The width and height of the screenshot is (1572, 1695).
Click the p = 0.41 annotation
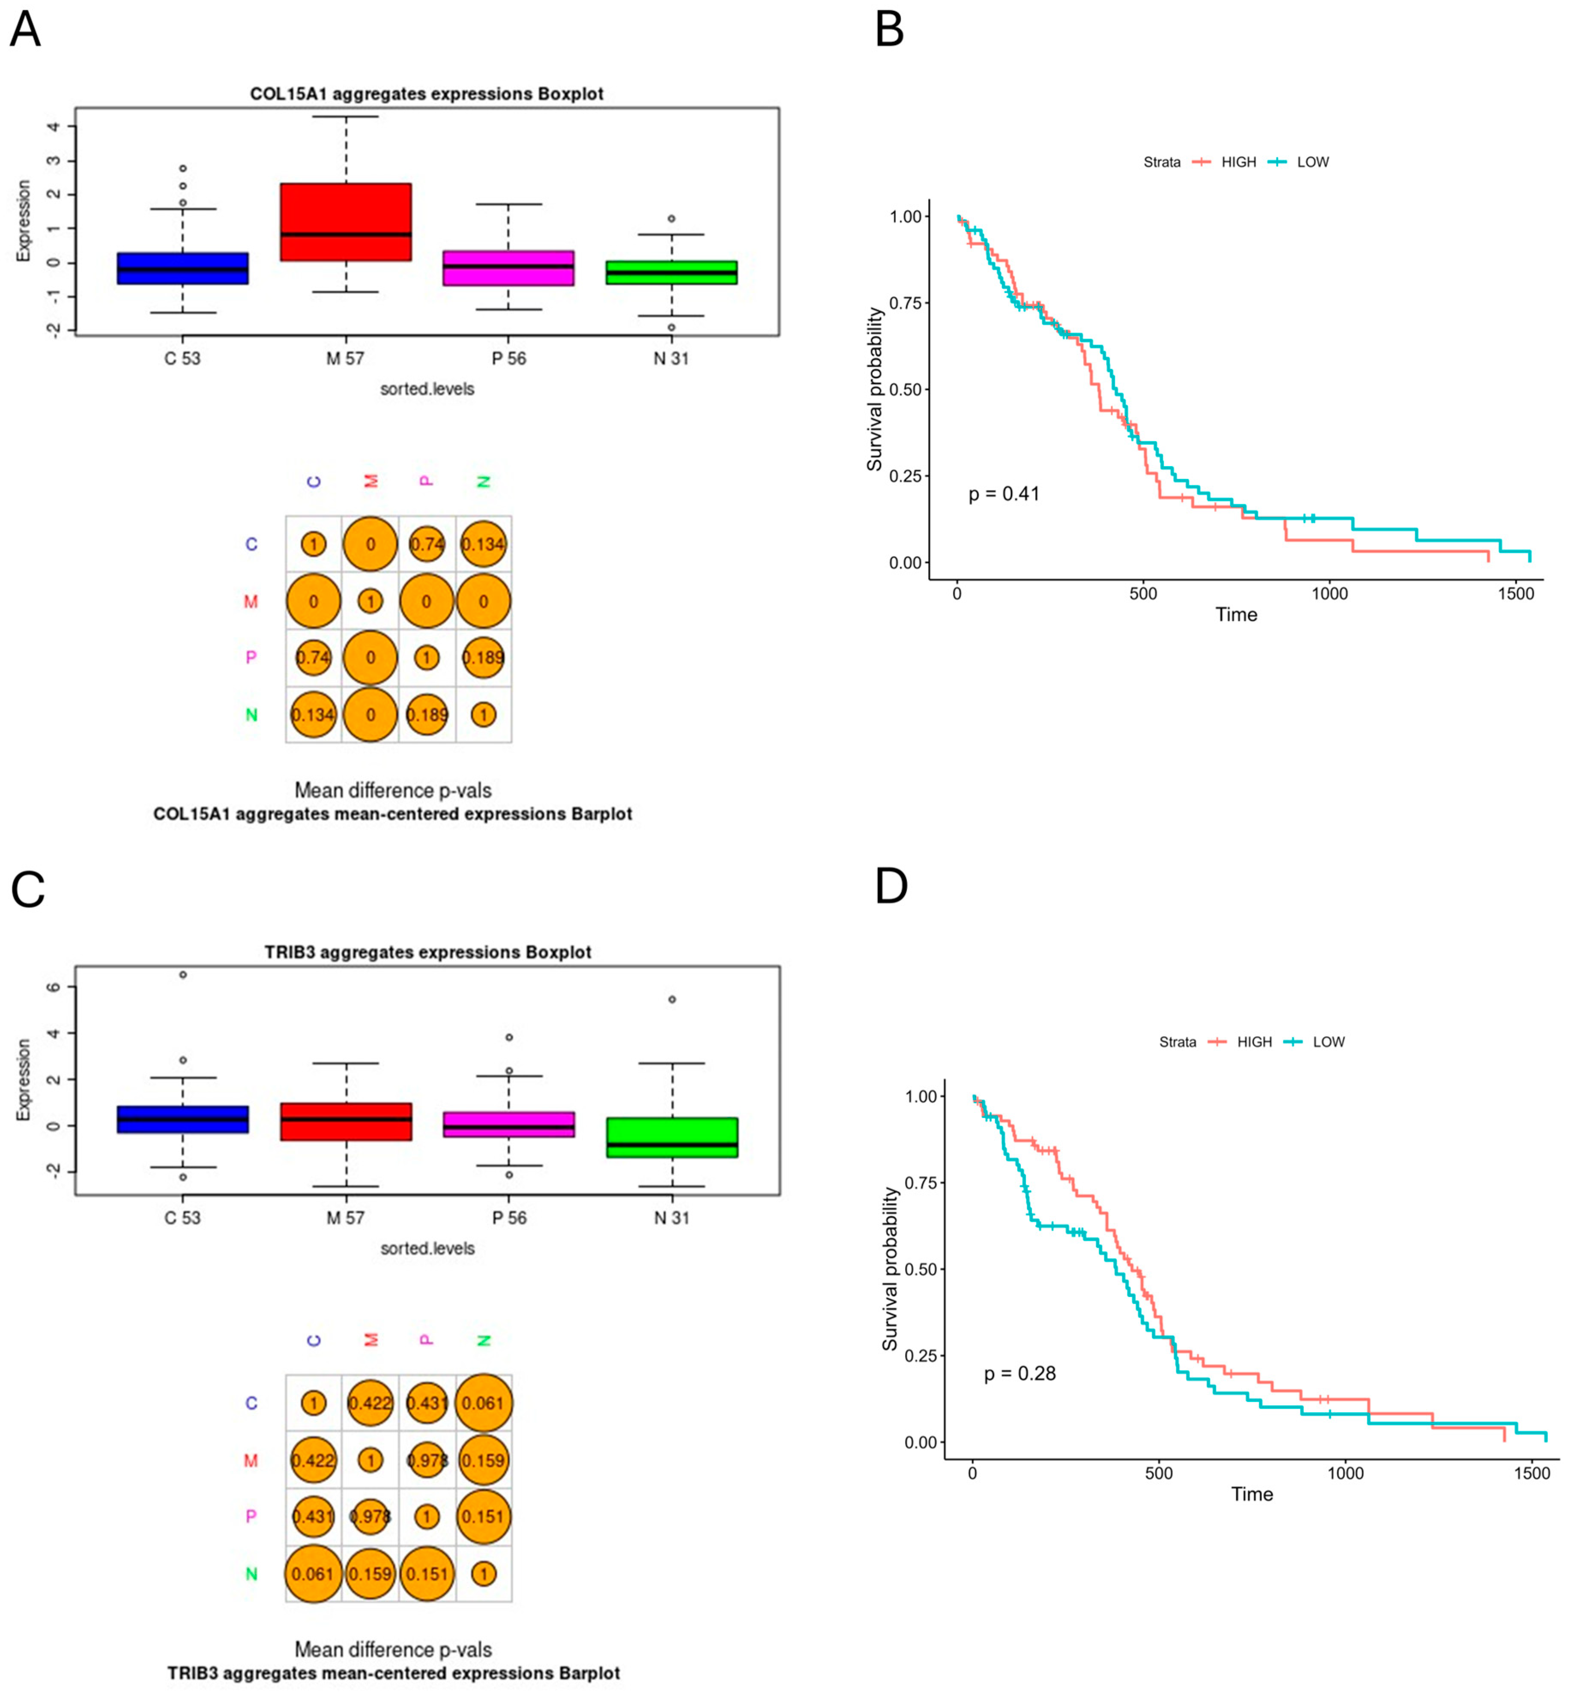(x=1004, y=494)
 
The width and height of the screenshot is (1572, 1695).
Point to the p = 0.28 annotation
(x=1019, y=1374)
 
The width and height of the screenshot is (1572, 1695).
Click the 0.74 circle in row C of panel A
(x=427, y=544)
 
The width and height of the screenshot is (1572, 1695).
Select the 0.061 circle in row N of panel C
(x=313, y=1574)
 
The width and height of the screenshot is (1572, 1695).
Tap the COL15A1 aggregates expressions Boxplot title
(x=427, y=93)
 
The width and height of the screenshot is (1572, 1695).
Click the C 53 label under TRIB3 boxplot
(x=182, y=1218)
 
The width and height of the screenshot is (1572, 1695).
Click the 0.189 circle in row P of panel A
(x=483, y=658)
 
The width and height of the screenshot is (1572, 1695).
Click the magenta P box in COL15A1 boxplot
(x=509, y=268)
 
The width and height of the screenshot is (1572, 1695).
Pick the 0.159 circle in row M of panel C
(x=483, y=1460)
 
